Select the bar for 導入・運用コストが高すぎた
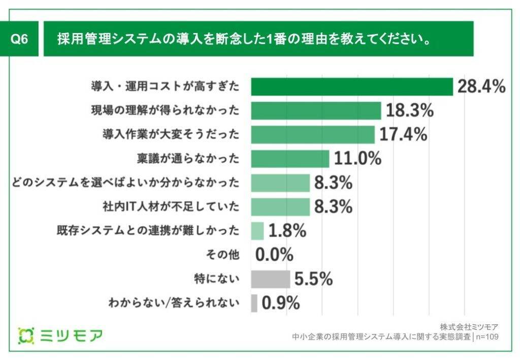click(352, 87)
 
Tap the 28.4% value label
click(481, 87)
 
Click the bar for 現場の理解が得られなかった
click(316, 111)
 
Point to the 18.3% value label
click(409, 111)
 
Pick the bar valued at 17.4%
click(313, 135)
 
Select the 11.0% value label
click(357, 159)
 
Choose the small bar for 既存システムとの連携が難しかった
click(257, 231)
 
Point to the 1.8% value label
click(287, 231)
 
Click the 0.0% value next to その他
click(274, 255)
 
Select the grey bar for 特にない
click(270, 279)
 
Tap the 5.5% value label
click(313, 279)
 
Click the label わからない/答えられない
click(174, 303)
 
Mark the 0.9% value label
click(280, 303)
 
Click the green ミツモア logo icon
click(26, 335)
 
